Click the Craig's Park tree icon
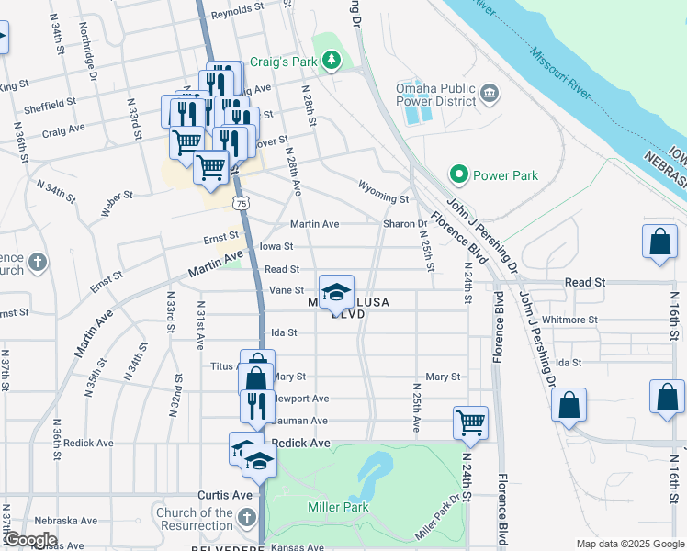332,62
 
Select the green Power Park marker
457,174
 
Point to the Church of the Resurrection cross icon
245,519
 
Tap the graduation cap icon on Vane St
336,291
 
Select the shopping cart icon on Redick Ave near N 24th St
469,422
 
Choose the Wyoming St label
383,198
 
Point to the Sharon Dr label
405,223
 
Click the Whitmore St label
569,320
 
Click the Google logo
29,540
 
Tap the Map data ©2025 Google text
629,544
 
